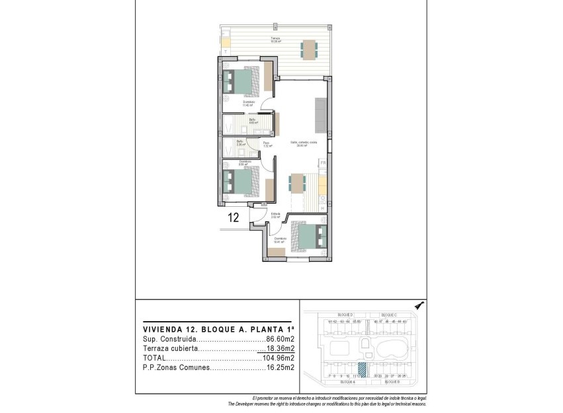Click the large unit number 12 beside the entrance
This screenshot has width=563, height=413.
tap(234, 217)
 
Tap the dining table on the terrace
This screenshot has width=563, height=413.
tap(309, 49)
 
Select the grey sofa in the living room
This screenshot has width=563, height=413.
tap(320, 116)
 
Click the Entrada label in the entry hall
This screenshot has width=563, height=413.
tap(276, 214)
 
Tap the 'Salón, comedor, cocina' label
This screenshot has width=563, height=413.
tap(300, 143)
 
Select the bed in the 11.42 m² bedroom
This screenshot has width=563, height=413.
tap(240, 81)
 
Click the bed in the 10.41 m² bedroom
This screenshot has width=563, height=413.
tap(308, 237)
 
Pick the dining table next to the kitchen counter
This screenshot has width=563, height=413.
tap(297, 183)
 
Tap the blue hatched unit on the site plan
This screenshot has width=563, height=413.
tap(362, 370)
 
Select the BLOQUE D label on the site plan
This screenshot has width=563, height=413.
tap(345, 315)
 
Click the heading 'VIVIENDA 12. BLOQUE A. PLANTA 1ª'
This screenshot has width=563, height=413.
tap(218, 328)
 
